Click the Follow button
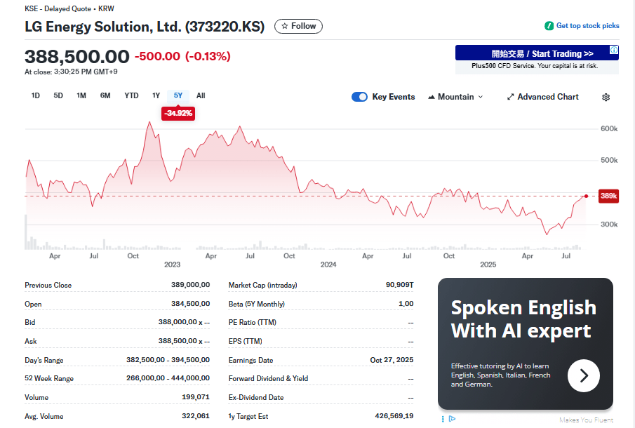[x=298, y=26]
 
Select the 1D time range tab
[x=36, y=95]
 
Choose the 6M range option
[x=105, y=95]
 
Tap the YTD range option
[x=131, y=95]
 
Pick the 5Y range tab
[x=178, y=95]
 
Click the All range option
[x=201, y=95]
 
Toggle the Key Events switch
[x=359, y=97]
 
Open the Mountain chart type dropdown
[x=455, y=97]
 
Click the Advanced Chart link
[x=542, y=97]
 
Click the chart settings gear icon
[x=606, y=97]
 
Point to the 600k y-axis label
[x=609, y=129]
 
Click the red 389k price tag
[x=608, y=196]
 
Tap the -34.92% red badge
[x=178, y=113]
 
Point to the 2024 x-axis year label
[x=328, y=265]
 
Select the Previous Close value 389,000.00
[x=190, y=285]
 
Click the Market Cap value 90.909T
[x=399, y=285]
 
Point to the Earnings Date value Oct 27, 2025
[x=392, y=360]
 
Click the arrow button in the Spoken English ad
[x=583, y=376]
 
